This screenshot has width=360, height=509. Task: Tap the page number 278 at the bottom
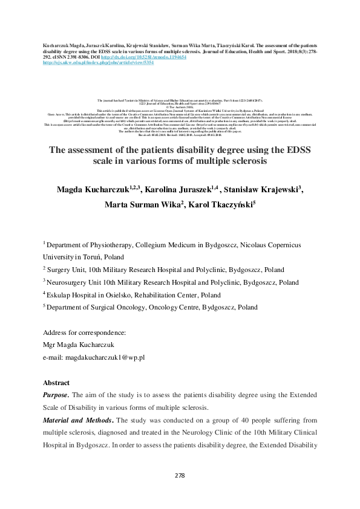coord(180,476)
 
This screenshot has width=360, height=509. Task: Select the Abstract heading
coord(56,383)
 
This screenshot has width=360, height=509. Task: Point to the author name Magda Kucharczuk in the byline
coord(96,191)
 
